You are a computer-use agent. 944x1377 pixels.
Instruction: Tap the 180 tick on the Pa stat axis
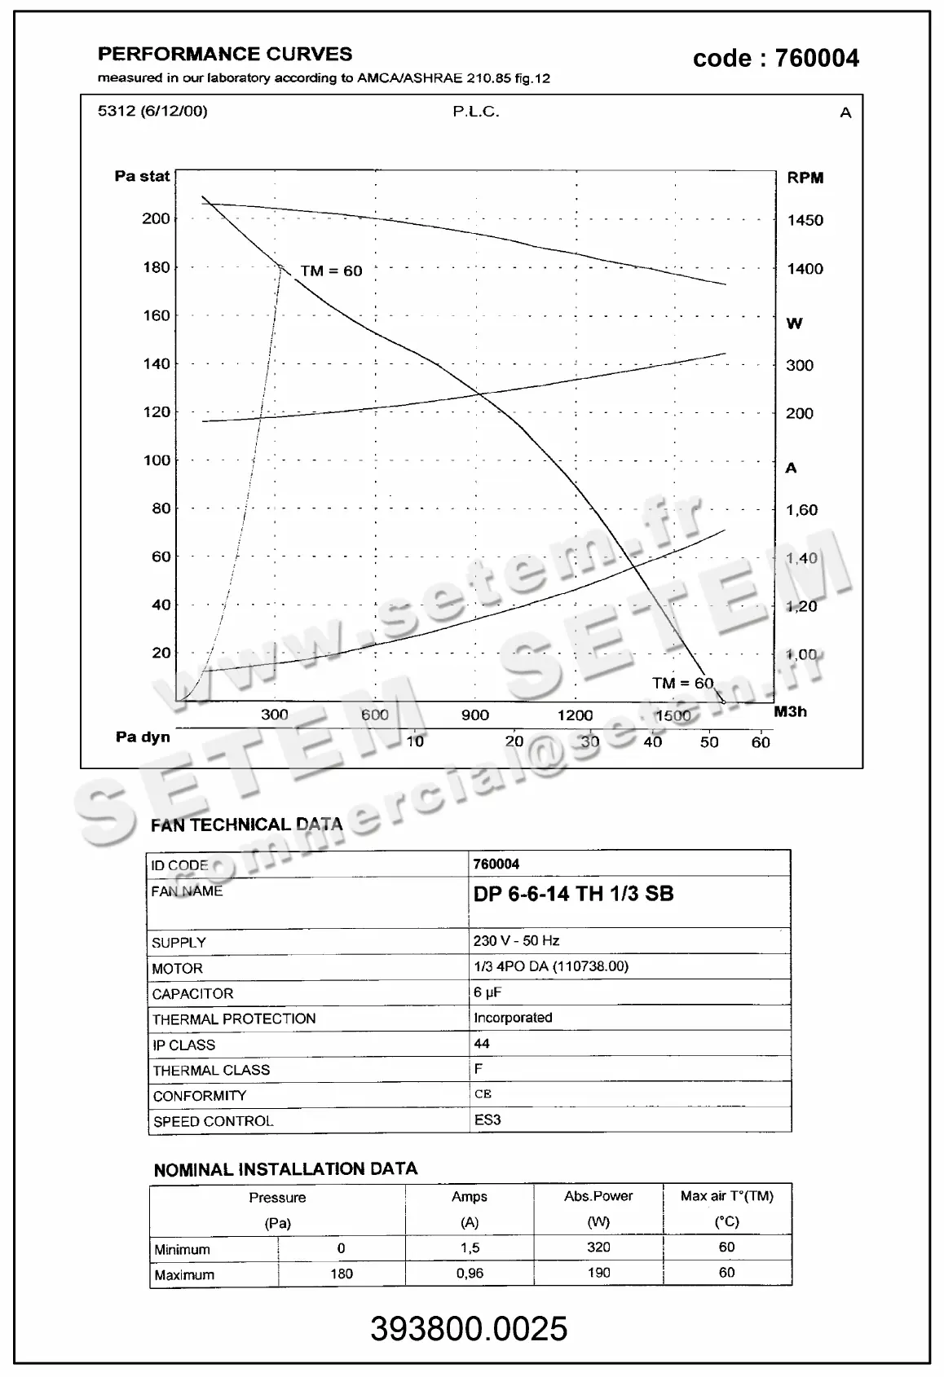(157, 267)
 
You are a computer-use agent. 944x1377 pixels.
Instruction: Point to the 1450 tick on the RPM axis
(805, 220)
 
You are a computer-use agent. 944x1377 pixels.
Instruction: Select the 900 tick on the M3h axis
(474, 715)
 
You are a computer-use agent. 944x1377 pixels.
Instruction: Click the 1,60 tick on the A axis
(801, 510)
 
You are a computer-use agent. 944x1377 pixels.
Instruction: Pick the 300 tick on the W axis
(799, 366)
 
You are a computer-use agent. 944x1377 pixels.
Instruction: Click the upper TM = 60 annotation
(331, 271)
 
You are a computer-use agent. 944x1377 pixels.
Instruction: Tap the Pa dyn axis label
(143, 737)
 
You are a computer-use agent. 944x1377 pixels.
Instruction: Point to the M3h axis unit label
(790, 711)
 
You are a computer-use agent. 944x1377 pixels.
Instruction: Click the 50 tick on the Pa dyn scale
(709, 742)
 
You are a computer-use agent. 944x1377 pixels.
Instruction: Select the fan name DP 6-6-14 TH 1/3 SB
(573, 894)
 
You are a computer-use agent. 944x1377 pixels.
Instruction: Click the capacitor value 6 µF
(487, 992)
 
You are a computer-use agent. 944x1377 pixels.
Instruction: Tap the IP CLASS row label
(183, 1045)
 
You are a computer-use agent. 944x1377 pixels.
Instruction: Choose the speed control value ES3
(487, 1120)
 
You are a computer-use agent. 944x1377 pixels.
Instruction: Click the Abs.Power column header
(598, 1196)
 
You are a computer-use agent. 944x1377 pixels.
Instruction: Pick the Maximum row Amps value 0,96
(470, 1273)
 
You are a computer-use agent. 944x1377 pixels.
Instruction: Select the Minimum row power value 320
(598, 1247)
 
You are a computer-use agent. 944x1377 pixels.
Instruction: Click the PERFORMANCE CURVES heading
(225, 55)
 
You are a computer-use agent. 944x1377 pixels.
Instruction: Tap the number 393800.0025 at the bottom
(469, 1329)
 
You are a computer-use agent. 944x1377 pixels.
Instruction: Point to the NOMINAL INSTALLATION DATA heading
(285, 1169)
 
